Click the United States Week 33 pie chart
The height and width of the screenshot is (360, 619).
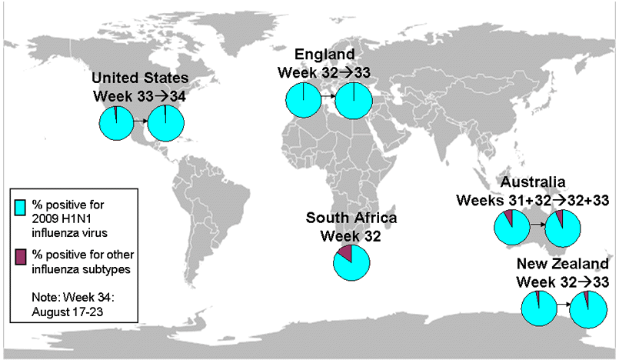tap(117, 123)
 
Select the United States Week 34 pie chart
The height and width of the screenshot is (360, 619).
tap(166, 123)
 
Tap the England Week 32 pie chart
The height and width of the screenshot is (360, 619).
tap(302, 101)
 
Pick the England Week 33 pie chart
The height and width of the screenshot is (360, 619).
tap(353, 101)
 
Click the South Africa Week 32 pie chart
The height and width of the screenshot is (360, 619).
tap(351, 262)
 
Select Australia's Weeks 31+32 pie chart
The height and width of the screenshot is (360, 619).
tap(511, 227)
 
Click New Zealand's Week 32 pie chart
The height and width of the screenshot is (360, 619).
tap(540, 309)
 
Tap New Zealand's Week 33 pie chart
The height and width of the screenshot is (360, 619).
tap(589, 309)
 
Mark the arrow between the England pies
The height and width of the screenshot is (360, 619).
tap(328, 98)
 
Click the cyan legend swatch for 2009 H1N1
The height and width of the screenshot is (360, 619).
tap(21, 207)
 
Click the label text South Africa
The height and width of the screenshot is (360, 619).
tap(351, 218)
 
